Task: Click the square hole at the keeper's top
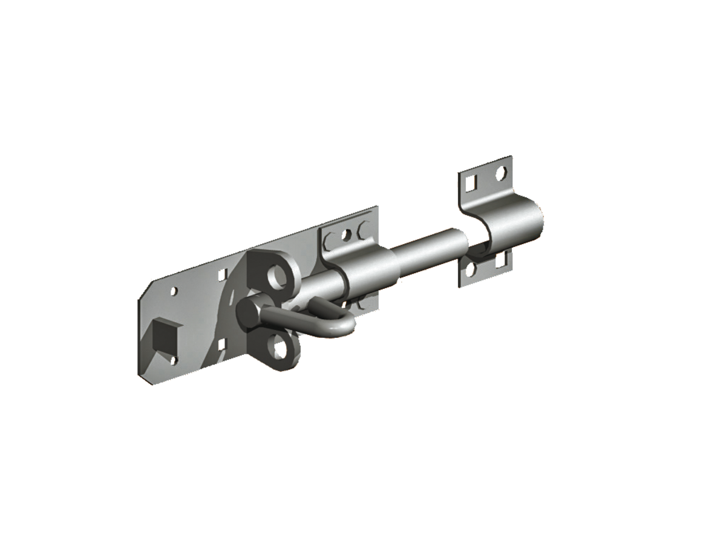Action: click(472, 180)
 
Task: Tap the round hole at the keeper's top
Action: click(501, 173)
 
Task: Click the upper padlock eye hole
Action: click(279, 276)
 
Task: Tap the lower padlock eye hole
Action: click(280, 350)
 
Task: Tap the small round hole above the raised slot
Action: click(174, 292)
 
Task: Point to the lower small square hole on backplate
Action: click(222, 345)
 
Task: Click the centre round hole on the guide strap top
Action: click(346, 233)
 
